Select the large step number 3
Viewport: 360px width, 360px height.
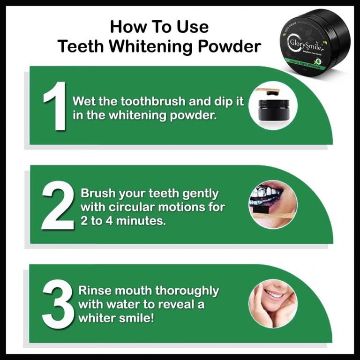(x=57, y=305)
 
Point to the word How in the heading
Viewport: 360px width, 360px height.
(x=126, y=27)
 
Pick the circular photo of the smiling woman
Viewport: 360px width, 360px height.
(x=273, y=303)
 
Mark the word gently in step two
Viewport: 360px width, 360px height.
(x=199, y=194)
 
